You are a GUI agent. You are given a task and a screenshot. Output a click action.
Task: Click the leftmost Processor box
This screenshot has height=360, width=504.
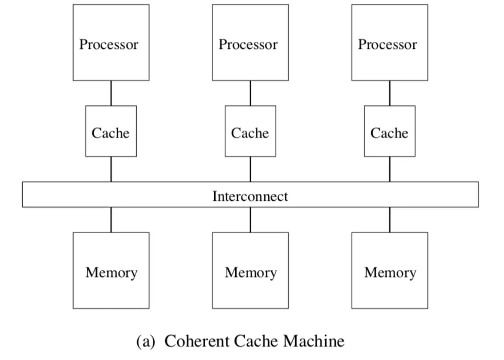click(111, 43)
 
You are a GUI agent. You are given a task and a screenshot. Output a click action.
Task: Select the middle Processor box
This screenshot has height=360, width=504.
click(250, 43)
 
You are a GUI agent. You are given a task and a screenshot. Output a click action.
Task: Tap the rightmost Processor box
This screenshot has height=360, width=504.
click(390, 43)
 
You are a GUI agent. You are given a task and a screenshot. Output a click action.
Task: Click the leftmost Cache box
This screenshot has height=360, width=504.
click(111, 131)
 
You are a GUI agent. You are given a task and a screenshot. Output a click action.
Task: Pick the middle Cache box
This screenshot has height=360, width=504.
click(250, 131)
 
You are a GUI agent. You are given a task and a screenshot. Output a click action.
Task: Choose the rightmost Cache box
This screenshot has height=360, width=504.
click(390, 131)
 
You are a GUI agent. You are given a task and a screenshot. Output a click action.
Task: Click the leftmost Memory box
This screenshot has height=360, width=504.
click(111, 270)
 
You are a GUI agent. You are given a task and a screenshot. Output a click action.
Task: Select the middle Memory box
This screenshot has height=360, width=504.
click(250, 270)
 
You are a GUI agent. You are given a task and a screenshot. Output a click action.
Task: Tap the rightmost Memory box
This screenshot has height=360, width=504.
click(390, 270)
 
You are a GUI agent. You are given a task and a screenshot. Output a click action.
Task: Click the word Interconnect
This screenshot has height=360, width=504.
click(250, 196)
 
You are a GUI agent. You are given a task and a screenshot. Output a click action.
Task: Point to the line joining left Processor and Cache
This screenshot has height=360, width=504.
click(111, 93)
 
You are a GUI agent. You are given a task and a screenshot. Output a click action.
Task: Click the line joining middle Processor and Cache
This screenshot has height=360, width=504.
click(250, 93)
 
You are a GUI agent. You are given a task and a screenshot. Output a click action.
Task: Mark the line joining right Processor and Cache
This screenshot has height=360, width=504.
click(390, 93)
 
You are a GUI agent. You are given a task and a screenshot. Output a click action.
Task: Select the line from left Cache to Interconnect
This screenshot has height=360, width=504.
click(111, 169)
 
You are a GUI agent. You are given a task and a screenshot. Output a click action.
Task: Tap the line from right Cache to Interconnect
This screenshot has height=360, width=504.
click(390, 169)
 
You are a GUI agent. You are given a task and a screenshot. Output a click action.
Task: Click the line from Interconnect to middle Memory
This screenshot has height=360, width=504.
click(250, 220)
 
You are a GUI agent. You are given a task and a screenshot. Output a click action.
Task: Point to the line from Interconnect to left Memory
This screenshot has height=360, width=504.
click(111, 220)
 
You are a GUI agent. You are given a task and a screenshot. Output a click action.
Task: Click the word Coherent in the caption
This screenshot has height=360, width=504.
click(197, 341)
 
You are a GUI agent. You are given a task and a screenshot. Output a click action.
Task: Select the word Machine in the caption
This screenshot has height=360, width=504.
click(314, 341)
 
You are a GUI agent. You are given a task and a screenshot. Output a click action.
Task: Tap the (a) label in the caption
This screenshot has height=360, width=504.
click(146, 342)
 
